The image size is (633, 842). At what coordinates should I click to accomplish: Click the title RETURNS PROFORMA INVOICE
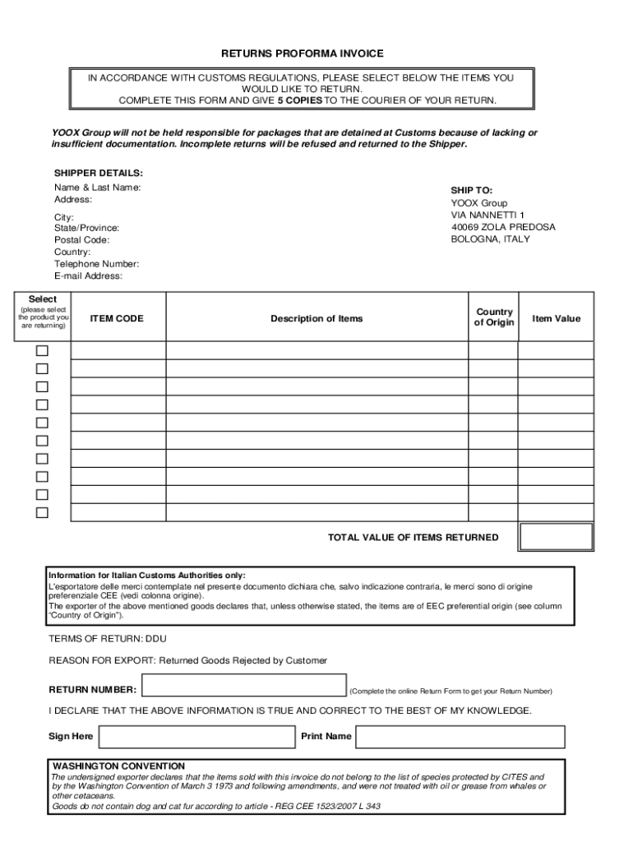coord(303,53)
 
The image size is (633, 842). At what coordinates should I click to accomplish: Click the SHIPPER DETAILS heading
coord(99,173)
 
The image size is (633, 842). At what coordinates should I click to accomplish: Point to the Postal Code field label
coord(81,240)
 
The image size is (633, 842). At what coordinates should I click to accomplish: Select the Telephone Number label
coord(96,264)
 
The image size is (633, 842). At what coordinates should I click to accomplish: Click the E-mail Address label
coord(88,276)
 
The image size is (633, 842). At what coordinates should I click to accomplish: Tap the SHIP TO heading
coord(471,190)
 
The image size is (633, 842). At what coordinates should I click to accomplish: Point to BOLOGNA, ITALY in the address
coord(490,239)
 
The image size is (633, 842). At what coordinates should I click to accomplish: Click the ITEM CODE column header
coord(117,318)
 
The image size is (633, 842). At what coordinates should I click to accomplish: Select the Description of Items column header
coord(316,318)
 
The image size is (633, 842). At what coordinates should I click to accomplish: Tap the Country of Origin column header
coord(494,317)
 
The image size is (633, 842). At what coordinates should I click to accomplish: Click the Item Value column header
coord(556,318)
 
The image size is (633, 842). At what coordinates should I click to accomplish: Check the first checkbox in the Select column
coord(42,350)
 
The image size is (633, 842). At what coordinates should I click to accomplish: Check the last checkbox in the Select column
coord(42,513)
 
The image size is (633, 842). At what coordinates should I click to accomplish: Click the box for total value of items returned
coord(556,537)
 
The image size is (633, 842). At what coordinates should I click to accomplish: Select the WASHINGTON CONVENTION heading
coord(118,766)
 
